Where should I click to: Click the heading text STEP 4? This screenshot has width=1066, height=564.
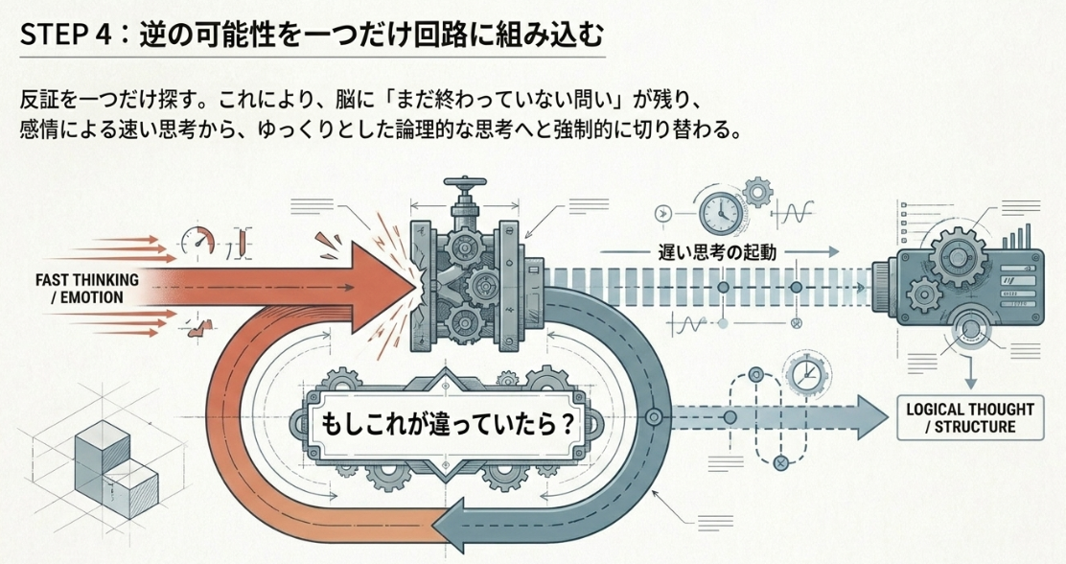coord(64,35)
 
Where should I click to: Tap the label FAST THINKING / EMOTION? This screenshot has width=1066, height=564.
coord(87,289)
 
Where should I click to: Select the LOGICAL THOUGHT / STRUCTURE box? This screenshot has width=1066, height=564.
coord(970,418)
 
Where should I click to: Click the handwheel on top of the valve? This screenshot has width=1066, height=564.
coord(465,183)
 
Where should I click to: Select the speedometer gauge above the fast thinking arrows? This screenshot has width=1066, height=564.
coord(197,241)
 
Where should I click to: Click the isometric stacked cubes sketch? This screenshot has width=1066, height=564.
coord(116,470)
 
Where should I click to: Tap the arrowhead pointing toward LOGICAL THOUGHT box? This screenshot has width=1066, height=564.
coord(871,416)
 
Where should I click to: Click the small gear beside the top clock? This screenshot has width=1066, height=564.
coord(755,192)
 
